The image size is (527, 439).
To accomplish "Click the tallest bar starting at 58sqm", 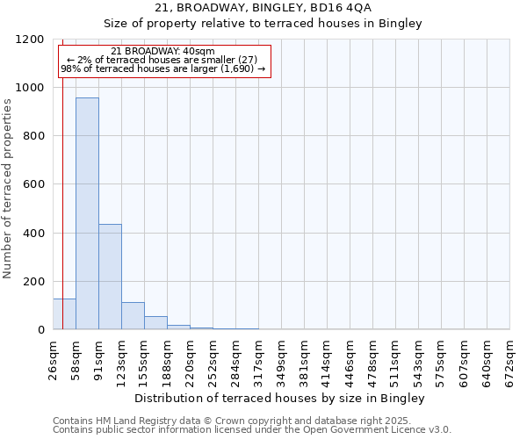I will pos(87,213).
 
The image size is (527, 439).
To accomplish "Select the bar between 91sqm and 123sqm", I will pos(110,277).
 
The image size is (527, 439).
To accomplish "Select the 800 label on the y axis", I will pos(36,136).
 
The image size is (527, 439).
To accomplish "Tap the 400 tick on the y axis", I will pos(36,233).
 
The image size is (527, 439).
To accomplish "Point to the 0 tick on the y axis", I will pos(43,330).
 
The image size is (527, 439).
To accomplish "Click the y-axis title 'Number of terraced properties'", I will pos(8,189).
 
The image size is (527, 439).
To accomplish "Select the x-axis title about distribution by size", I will pos(281,398).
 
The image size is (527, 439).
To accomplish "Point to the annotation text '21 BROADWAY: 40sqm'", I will pos(163,52).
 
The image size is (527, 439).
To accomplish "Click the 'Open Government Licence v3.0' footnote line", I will pos(252,429).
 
